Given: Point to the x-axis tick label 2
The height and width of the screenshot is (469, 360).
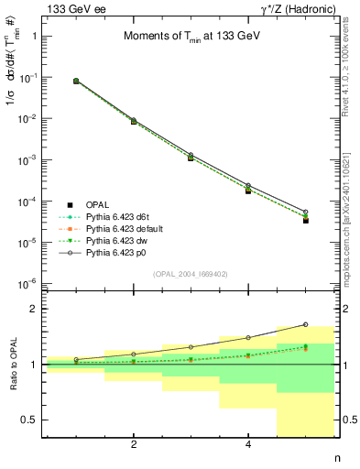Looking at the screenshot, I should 134,445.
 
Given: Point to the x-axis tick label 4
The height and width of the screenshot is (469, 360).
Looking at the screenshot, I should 248,445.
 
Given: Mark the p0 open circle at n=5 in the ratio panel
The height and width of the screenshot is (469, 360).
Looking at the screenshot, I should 306,324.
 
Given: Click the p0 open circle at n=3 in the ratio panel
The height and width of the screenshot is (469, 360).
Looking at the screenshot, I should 191,347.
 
